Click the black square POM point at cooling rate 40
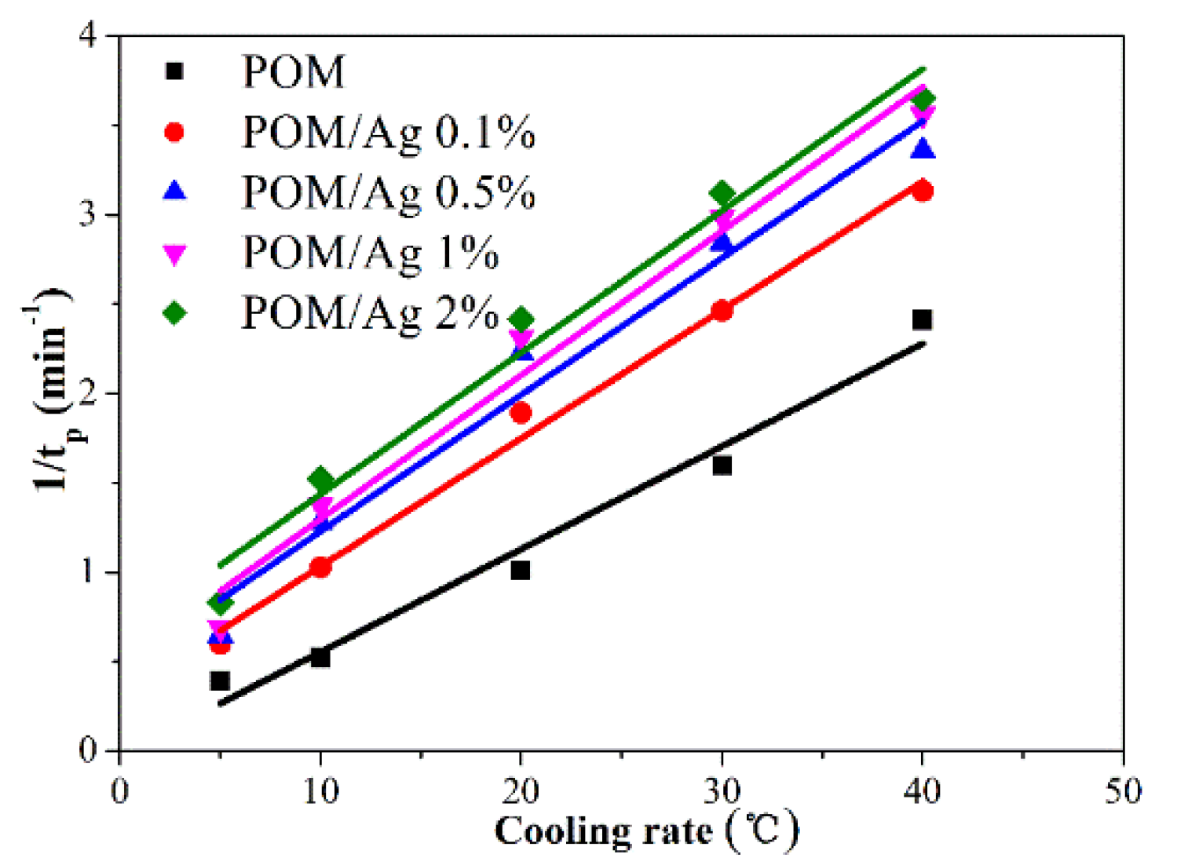point(922,319)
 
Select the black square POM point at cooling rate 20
point(520,570)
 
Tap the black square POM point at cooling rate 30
point(722,465)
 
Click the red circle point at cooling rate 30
point(722,311)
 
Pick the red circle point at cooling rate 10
point(320,567)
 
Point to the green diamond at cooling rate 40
point(923,100)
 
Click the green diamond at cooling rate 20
point(521,319)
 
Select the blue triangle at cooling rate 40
point(923,149)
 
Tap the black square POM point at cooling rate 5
point(220,681)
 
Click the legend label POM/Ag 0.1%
point(389,132)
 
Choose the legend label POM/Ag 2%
point(370,312)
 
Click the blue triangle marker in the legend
point(174,192)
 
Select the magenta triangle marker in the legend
point(174,254)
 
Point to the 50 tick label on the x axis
point(1123,791)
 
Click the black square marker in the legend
point(174,71)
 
